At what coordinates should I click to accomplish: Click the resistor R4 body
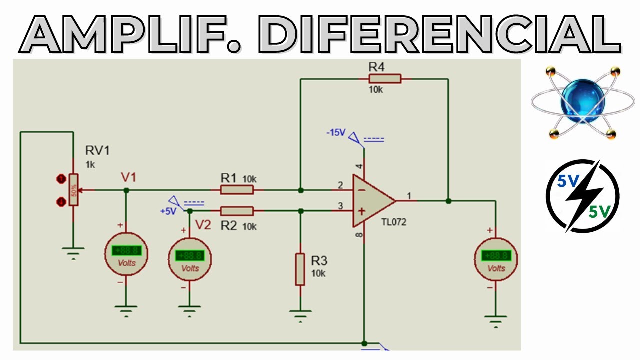(385, 79)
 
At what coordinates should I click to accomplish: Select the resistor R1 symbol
(237, 190)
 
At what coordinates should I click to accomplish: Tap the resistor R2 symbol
(237, 211)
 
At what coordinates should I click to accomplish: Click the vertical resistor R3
(300, 269)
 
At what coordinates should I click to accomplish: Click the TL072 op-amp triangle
(372, 200)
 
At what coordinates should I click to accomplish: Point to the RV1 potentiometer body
(74, 190)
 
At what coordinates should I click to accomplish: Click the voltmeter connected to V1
(126, 254)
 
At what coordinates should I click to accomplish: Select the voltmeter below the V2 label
(190, 259)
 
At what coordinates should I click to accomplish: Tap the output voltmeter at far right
(495, 259)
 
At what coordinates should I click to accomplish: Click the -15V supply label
(336, 133)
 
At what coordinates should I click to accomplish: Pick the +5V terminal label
(168, 211)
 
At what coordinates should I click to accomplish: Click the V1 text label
(128, 177)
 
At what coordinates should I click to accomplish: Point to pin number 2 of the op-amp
(340, 186)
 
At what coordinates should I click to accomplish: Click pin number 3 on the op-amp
(340, 206)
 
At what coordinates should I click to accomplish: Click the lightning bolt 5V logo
(582, 196)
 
